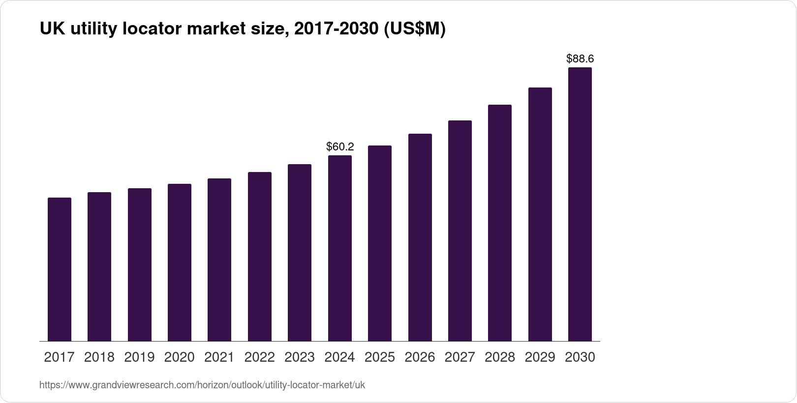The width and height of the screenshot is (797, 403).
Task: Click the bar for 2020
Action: [x=180, y=262]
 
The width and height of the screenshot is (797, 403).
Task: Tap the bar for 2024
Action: [x=340, y=248]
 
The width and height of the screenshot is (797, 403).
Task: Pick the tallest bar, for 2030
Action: [x=580, y=204]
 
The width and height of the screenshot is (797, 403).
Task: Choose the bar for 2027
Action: [x=460, y=230]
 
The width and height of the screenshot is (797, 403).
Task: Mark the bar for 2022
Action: [x=260, y=257]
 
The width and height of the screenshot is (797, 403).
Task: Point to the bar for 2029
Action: [x=540, y=214]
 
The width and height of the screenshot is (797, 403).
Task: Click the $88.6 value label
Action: [x=580, y=59]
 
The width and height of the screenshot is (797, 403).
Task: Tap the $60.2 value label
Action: [x=340, y=146]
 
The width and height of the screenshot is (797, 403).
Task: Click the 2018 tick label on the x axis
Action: [x=99, y=357]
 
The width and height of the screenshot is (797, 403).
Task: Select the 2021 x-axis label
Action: [x=219, y=357]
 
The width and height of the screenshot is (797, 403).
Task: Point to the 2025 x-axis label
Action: [x=380, y=357]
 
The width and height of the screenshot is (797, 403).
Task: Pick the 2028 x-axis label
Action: [x=500, y=357]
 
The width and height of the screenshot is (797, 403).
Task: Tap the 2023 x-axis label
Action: [x=300, y=357]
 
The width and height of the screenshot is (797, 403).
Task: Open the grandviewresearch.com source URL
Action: [x=202, y=385]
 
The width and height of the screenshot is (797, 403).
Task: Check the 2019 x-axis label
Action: [x=139, y=357]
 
